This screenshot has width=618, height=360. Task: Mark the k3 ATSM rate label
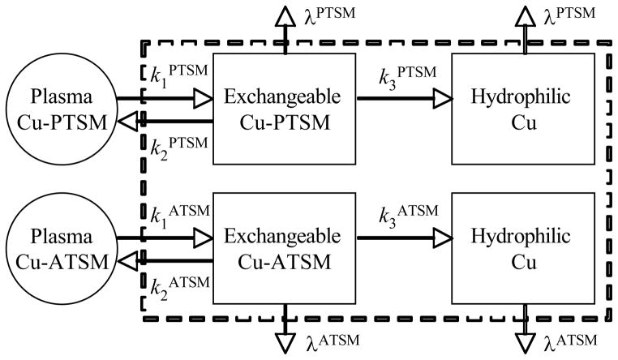407,214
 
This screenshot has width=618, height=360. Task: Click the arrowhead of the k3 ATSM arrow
441,239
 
